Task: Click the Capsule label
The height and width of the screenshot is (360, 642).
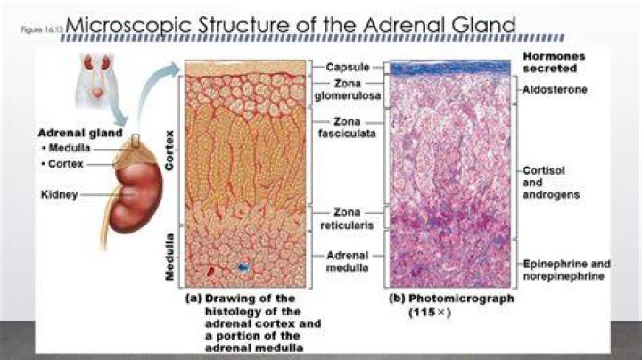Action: pyautogui.click(x=348, y=67)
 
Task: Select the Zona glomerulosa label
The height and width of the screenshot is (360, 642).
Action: pyautogui.click(x=348, y=90)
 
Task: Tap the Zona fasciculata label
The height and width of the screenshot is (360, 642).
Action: pyautogui.click(x=347, y=127)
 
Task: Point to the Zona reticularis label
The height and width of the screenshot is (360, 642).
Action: pyautogui.click(x=347, y=218)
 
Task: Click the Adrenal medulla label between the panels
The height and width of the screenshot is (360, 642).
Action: pyautogui.click(x=348, y=261)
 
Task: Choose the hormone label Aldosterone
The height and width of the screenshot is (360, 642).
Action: pyautogui.click(x=555, y=90)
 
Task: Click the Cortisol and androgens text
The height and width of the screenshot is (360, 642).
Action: pyautogui.click(x=551, y=183)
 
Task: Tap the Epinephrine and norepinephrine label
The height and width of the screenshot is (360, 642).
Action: pyautogui.click(x=567, y=270)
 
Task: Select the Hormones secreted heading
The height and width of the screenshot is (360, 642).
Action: pyautogui.click(x=554, y=62)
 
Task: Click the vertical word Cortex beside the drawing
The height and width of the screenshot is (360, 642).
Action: pyautogui.click(x=169, y=150)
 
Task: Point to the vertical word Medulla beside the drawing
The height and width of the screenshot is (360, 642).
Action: pyautogui.click(x=169, y=258)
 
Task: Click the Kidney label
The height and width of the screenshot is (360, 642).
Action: pyautogui.click(x=60, y=195)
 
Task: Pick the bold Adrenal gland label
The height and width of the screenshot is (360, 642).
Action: pyautogui.click(x=80, y=133)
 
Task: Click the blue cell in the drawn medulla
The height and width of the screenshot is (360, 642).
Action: pyautogui.click(x=243, y=267)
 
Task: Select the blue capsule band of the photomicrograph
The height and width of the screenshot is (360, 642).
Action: pyautogui.click(x=450, y=68)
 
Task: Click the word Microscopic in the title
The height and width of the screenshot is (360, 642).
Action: pyautogui.click(x=128, y=25)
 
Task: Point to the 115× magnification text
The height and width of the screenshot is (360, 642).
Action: pyautogui.click(x=430, y=313)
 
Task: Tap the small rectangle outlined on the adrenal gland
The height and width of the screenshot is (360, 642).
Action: pyautogui.click(x=136, y=141)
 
